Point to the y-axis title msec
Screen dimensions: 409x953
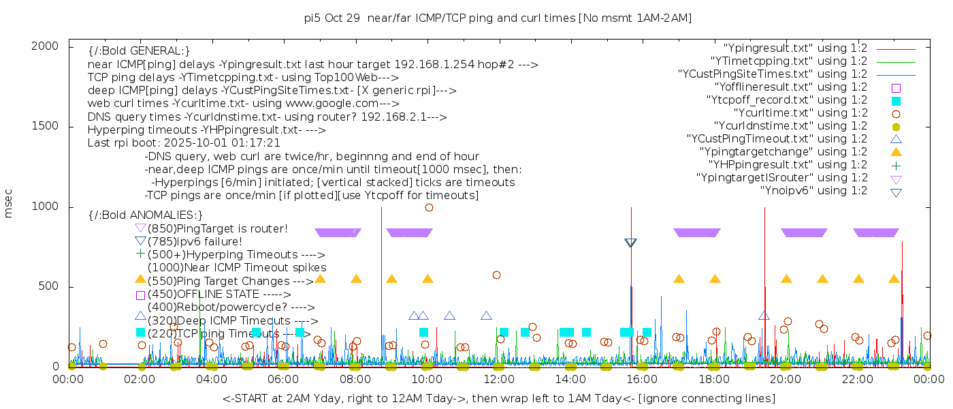pyautogui.click(x=9, y=203)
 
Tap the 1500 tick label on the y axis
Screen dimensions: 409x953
pyautogui.click(x=45, y=126)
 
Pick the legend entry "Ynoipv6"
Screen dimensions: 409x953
pyautogui.click(x=813, y=191)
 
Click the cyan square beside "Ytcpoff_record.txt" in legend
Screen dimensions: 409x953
pyautogui.click(x=896, y=101)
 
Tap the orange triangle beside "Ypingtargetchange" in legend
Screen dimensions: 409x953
pyautogui.click(x=896, y=152)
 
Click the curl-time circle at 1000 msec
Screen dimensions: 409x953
pyautogui.click(x=429, y=208)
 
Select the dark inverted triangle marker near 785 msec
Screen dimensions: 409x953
pyautogui.click(x=630, y=243)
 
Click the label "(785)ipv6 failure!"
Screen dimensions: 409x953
pyautogui.click(x=195, y=241)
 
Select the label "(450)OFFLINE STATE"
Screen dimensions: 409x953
pyautogui.click(x=202, y=294)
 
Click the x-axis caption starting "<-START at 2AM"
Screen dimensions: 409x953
pyautogui.click(x=498, y=398)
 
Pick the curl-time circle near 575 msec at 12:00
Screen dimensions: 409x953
pyautogui.click(x=496, y=275)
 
